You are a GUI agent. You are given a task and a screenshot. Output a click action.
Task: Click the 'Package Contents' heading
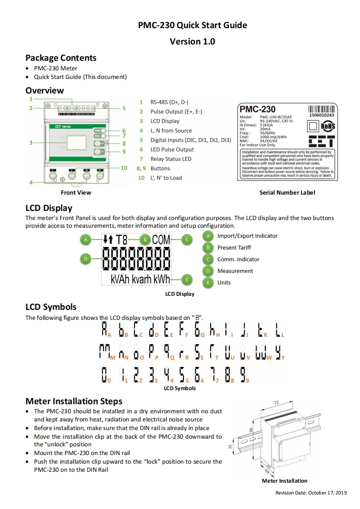(x=61, y=58)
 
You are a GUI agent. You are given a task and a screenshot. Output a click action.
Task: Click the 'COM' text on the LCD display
(x=161, y=239)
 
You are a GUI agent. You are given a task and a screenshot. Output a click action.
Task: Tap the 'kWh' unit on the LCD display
(x=162, y=279)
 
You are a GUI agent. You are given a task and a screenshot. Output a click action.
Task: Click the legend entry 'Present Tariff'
(x=234, y=248)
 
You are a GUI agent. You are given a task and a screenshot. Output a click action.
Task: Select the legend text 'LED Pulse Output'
(x=172, y=149)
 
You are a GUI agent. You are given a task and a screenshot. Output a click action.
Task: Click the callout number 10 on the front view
(x=124, y=168)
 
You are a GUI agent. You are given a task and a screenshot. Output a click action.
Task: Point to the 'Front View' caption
(x=76, y=193)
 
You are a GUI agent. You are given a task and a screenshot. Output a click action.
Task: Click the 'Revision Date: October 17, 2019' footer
(x=311, y=493)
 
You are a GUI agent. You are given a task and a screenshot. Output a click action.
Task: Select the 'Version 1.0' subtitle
(x=192, y=41)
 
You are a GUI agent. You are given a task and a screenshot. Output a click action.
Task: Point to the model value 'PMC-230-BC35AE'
(x=276, y=117)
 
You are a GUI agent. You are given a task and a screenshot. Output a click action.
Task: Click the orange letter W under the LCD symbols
(x=269, y=358)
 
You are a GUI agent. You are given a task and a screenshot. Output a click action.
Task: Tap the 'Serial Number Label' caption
(x=287, y=193)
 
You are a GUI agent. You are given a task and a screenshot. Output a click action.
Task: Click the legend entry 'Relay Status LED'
(x=171, y=159)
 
